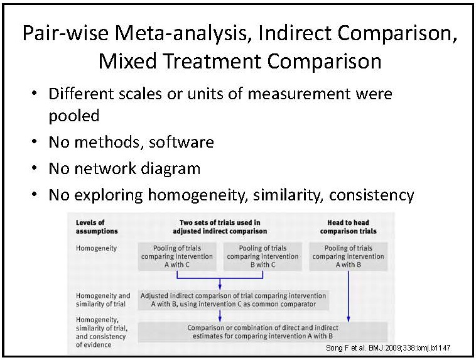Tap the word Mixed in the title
coord(128,61)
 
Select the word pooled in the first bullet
coord(74,116)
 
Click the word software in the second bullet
coord(181,142)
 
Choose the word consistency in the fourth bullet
coord(372,195)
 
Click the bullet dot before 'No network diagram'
coord(35,168)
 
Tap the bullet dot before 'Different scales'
coord(35,92)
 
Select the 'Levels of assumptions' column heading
coord(97,227)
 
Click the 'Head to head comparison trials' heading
coord(348,227)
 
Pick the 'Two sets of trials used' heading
coord(220,227)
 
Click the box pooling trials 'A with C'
coord(177,256)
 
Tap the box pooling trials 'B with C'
coord(262,256)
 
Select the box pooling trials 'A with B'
coord(348,256)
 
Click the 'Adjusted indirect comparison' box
coord(233,300)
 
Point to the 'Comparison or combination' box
coord(262,332)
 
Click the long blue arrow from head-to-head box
coord(348,296)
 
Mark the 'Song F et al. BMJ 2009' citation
coord(388,348)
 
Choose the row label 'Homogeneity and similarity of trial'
coord(103,300)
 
